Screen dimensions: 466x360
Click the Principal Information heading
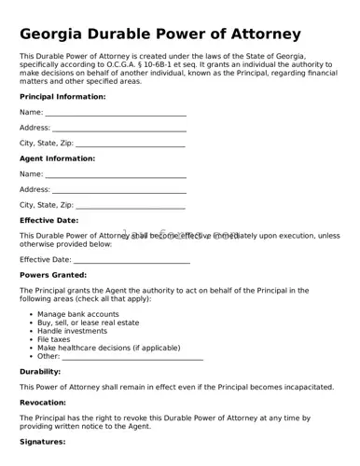pyautogui.click(x=62, y=97)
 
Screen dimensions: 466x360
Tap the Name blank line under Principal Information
pyautogui.click(x=116, y=113)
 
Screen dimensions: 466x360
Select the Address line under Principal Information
pyautogui.click(x=118, y=128)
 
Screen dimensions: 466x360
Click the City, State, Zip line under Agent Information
pyautogui.click(x=130, y=205)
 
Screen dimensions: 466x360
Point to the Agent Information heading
pyautogui.click(x=57, y=158)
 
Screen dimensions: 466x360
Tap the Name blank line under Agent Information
pyautogui.click(x=116, y=174)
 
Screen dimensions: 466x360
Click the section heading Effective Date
pyautogui.click(x=48, y=221)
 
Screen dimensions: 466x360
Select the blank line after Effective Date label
pyautogui.click(x=132, y=260)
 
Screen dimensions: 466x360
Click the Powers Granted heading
pyautogui.click(x=53, y=275)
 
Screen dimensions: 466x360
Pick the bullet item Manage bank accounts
pyautogui.click(x=77, y=314)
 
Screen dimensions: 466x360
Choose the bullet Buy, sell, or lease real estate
pyautogui.click(x=88, y=322)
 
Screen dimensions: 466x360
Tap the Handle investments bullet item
pyautogui.click(x=72, y=331)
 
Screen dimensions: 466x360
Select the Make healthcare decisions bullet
pyautogui.click(x=108, y=348)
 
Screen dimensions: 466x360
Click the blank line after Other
pyautogui.click(x=132, y=356)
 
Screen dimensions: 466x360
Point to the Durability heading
pyautogui.click(x=40, y=371)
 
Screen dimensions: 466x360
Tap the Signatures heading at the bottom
pyautogui.click(x=42, y=441)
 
